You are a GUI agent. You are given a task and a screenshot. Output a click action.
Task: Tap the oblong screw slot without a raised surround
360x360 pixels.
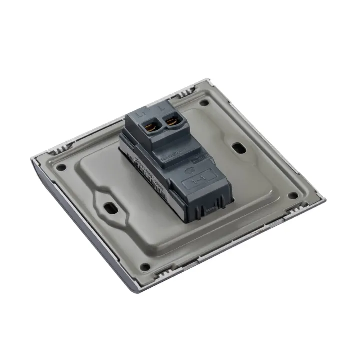239,148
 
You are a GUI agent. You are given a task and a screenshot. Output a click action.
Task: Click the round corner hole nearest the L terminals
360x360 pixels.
204,103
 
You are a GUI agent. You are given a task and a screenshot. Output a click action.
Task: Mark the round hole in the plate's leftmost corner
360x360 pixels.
61,168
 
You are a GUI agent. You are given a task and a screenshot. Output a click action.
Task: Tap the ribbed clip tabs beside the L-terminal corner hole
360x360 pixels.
186,92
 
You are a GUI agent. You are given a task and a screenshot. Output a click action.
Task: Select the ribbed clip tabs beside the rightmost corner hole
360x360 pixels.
307,192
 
